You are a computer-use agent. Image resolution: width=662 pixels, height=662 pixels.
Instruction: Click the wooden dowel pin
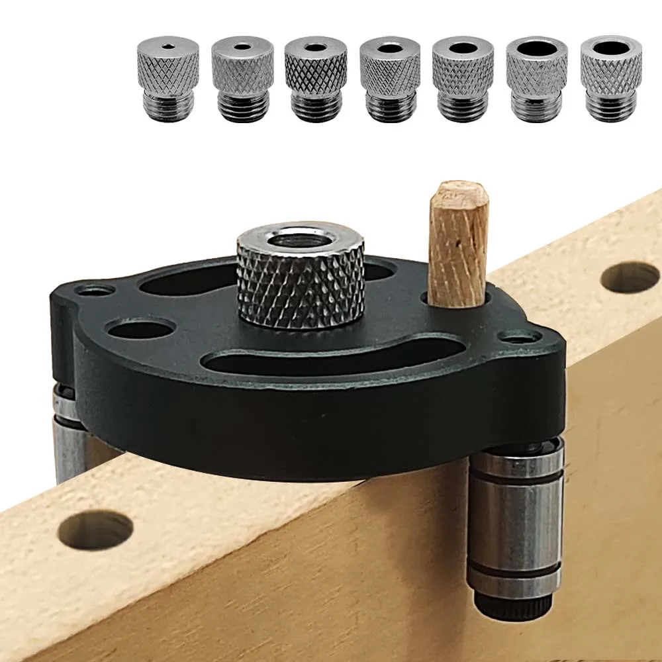(457, 245)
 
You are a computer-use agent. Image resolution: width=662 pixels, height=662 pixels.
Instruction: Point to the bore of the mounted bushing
(300, 240)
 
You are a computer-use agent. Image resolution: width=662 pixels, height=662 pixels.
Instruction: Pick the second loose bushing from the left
(242, 78)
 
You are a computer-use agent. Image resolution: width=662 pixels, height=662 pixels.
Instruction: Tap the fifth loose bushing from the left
(463, 78)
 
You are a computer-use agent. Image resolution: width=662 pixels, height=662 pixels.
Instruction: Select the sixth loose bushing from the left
(537, 78)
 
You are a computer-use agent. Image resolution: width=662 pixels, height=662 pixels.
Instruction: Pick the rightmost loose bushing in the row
(611, 77)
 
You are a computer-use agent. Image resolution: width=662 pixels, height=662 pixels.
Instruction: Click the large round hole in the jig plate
(140, 327)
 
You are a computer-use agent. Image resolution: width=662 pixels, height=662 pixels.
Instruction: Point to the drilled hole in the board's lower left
(96, 530)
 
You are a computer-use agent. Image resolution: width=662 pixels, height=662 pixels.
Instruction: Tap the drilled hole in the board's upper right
(630, 277)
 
